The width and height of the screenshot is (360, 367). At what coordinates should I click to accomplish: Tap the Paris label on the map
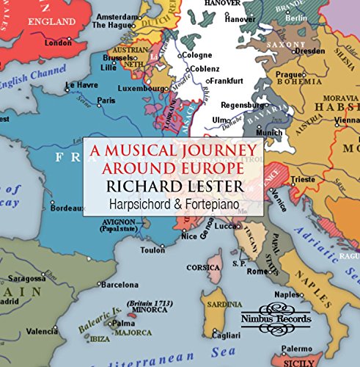[107, 100]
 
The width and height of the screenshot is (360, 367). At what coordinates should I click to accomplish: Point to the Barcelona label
[120, 283]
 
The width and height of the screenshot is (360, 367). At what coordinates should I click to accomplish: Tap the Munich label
[270, 132]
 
